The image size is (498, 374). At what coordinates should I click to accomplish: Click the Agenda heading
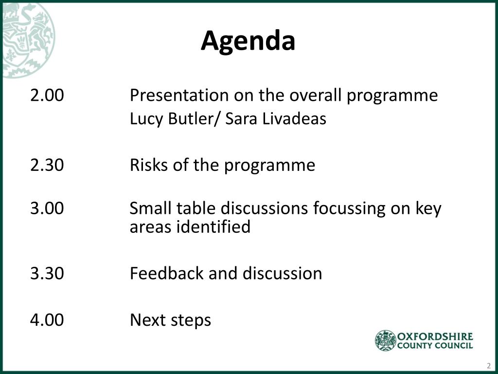click(248, 41)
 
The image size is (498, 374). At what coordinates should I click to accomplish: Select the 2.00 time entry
click(47, 95)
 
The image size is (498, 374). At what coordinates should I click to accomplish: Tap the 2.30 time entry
click(47, 165)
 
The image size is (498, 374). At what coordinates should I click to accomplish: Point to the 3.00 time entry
click(47, 208)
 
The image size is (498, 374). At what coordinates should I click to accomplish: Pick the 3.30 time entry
click(47, 273)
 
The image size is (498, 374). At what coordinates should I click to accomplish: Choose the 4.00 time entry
click(47, 319)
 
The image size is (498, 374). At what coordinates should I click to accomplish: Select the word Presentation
click(179, 95)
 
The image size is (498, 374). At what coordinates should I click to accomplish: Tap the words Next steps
click(171, 320)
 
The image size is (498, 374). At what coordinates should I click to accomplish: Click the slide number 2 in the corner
click(489, 366)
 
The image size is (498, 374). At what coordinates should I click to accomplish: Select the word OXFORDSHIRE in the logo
click(435, 337)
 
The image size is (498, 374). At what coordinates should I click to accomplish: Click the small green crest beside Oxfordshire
click(386, 340)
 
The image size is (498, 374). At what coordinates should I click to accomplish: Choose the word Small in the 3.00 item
click(151, 208)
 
